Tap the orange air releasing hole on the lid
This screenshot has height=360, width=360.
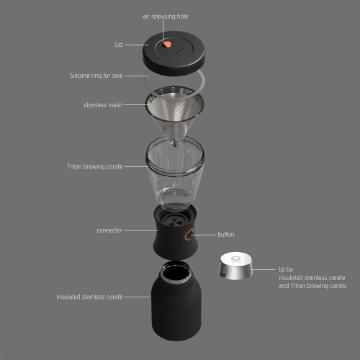point(168,45)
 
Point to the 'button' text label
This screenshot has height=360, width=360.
point(226,234)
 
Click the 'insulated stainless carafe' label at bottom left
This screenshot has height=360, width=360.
point(90,296)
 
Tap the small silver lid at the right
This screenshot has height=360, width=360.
point(234,268)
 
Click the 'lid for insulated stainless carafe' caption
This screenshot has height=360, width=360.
point(302,277)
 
